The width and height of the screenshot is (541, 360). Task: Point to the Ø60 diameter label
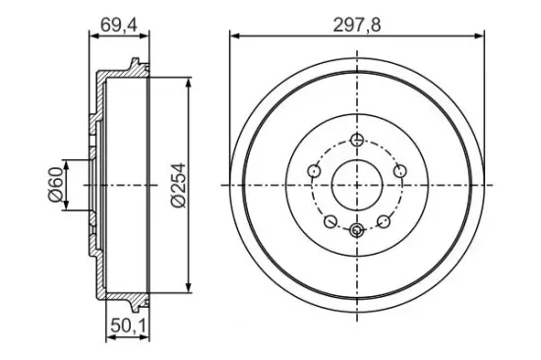point(56,184)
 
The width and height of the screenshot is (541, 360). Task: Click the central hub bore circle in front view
point(356,185)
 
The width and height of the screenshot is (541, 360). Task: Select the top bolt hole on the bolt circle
point(356,138)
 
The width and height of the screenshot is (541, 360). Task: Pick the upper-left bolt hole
point(314,172)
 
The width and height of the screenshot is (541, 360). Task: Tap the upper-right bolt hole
point(399,172)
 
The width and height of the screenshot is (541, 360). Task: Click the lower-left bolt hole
point(331,221)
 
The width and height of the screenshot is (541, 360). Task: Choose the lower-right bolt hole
point(383,221)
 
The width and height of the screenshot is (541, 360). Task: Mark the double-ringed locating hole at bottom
point(356,230)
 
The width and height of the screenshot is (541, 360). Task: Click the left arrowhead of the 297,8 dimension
point(233,35)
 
